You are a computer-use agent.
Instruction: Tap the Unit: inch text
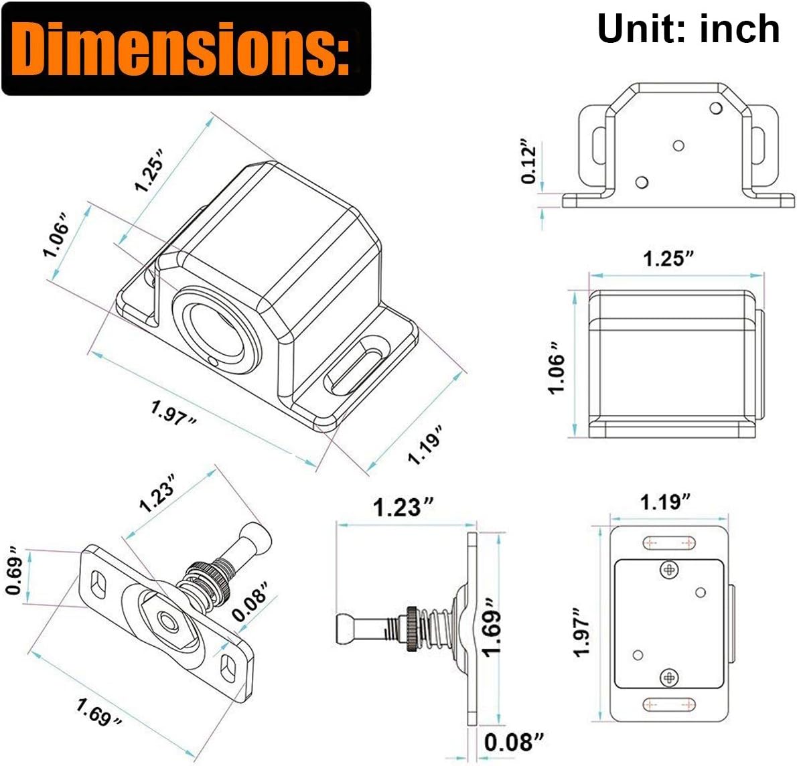[689, 29]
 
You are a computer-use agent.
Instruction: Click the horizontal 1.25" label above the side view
[668, 258]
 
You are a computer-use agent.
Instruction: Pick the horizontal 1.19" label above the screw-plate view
[665, 502]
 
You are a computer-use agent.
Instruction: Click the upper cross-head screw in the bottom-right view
[670, 569]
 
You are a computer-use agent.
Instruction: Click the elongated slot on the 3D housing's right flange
[355, 366]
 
